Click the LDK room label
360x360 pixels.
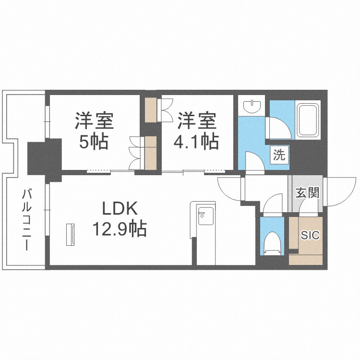[x=120, y=209]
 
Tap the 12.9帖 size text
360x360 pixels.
[x=120, y=229]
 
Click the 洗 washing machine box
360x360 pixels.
[x=279, y=156]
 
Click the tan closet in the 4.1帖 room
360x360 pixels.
[x=151, y=110]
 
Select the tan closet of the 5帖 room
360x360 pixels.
[x=151, y=152]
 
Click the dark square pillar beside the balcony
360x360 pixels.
[x=44, y=157]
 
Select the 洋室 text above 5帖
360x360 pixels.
[x=94, y=120]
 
